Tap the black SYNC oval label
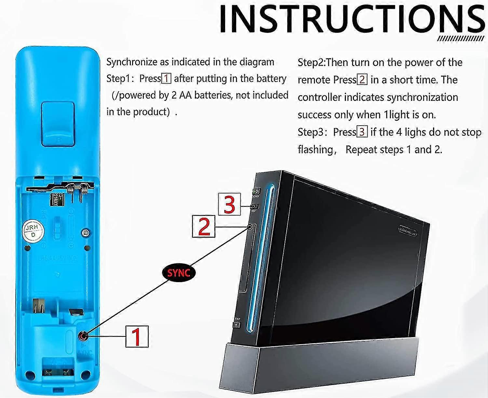[178, 273]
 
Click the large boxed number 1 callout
[137, 336]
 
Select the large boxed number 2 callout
[204, 226]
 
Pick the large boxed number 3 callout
[229, 204]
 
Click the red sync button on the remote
[84, 336]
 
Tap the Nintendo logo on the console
[408, 231]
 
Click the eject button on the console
[237, 324]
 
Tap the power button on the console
[255, 191]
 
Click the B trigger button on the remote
[58, 124]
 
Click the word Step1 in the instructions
[118, 78]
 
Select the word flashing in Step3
[315, 149]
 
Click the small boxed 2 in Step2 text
[362, 80]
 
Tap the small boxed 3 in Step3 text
[362, 132]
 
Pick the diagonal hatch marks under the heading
[460, 39]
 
